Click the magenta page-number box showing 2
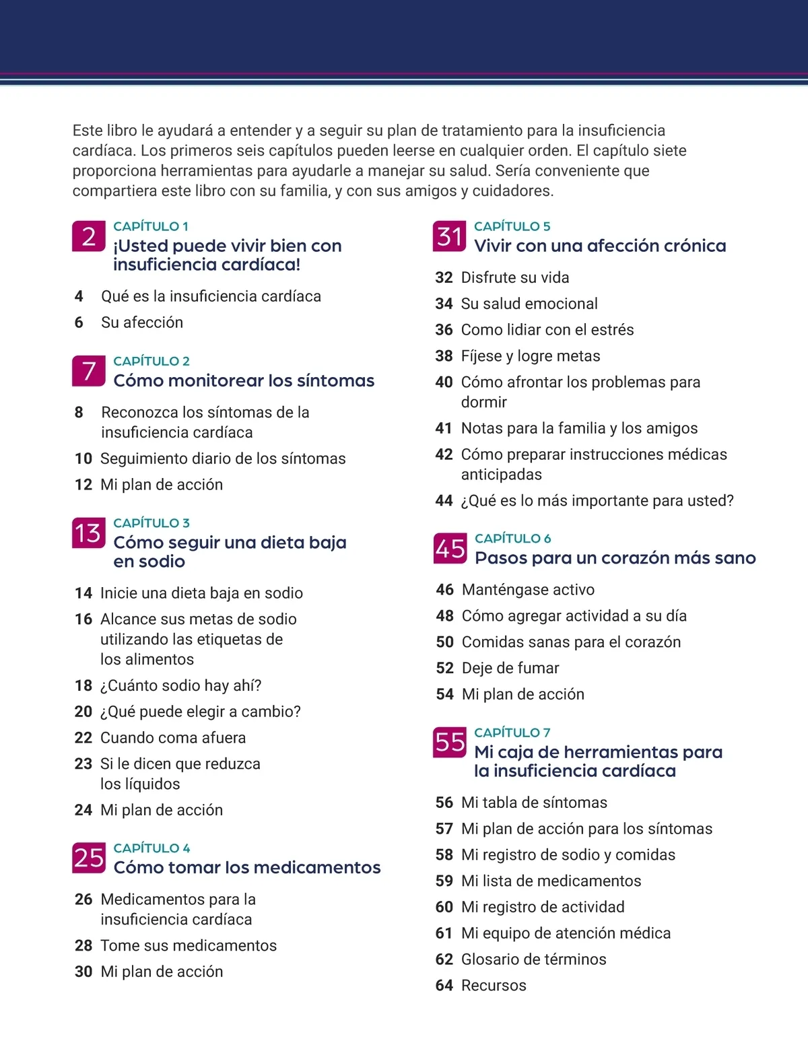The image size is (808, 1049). click(x=89, y=236)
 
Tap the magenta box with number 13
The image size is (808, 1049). click(x=89, y=533)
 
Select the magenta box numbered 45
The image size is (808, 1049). click(x=450, y=548)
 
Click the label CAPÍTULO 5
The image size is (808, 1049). click(x=512, y=226)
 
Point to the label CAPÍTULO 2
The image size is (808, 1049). click(x=151, y=361)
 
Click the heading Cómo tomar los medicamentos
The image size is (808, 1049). click(x=247, y=867)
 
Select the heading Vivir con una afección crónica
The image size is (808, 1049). click(x=600, y=246)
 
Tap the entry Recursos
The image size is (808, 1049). click(x=494, y=985)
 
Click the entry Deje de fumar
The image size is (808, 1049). click(x=510, y=668)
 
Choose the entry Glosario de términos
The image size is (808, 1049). click(x=533, y=959)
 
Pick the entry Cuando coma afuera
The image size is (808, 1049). click(x=173, y=737)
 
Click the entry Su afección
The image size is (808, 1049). click(x=142, y=323)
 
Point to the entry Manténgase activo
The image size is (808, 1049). click(x=528, y=590)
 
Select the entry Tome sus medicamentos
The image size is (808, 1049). click(x=189, y=945)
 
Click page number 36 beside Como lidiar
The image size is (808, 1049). click(x=444, y=330)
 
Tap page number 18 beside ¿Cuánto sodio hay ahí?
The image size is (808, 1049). click(x=83, y=685)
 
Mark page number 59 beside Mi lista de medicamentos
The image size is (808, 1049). click(x=444, y=881)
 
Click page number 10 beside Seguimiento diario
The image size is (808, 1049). click(x=83, y=459)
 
